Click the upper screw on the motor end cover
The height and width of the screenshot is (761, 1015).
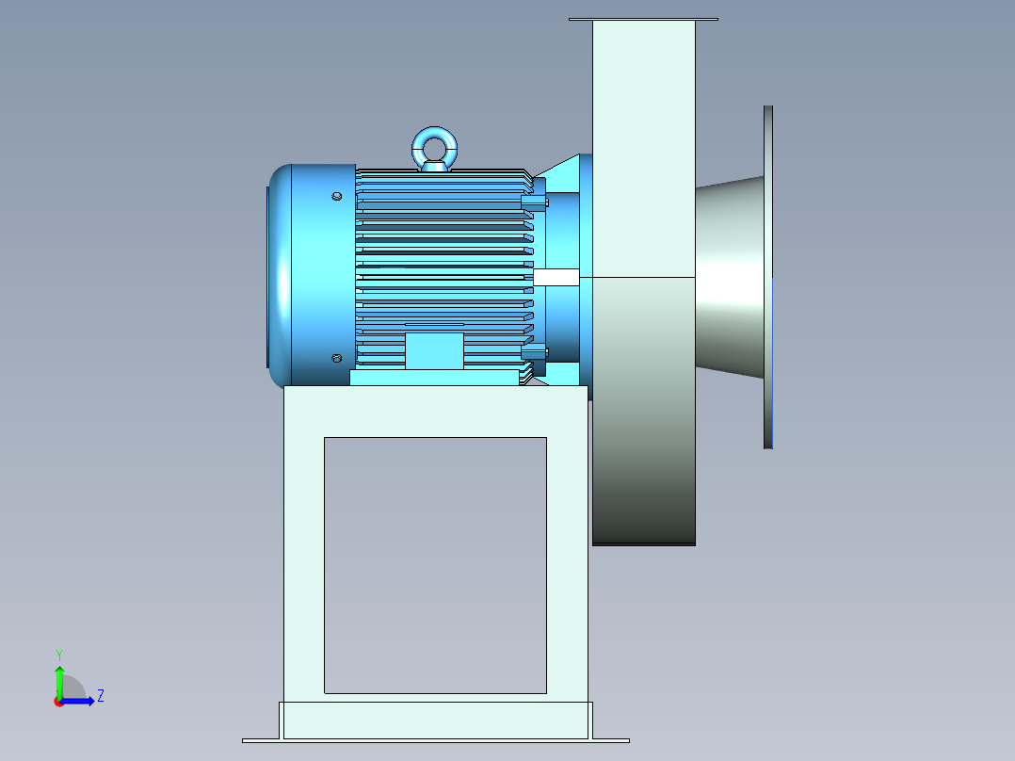[x=337, y=197]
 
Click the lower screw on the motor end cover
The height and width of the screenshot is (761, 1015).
[x=337, y=358]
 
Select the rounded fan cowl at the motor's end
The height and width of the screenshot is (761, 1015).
[x=281, y=275]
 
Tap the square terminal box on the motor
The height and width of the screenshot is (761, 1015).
[x=434, y=349]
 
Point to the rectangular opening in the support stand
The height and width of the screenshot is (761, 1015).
[x=435, y=565]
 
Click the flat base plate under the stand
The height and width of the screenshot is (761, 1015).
[x=435, y=740]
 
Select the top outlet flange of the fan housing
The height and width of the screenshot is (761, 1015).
[x=643, y=19]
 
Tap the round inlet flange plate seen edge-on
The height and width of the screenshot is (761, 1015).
[x=768, y=277]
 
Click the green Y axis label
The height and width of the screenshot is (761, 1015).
[x=58, y=654]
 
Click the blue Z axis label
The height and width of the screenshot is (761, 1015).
[x=100, y=696]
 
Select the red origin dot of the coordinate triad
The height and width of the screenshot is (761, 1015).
[x=59, y=702]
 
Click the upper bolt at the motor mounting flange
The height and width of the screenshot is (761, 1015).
[x=534, y=202]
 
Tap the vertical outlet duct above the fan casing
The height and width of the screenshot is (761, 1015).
[x=643, y=141]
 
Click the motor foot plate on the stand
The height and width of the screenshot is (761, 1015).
[x=434, y=378]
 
